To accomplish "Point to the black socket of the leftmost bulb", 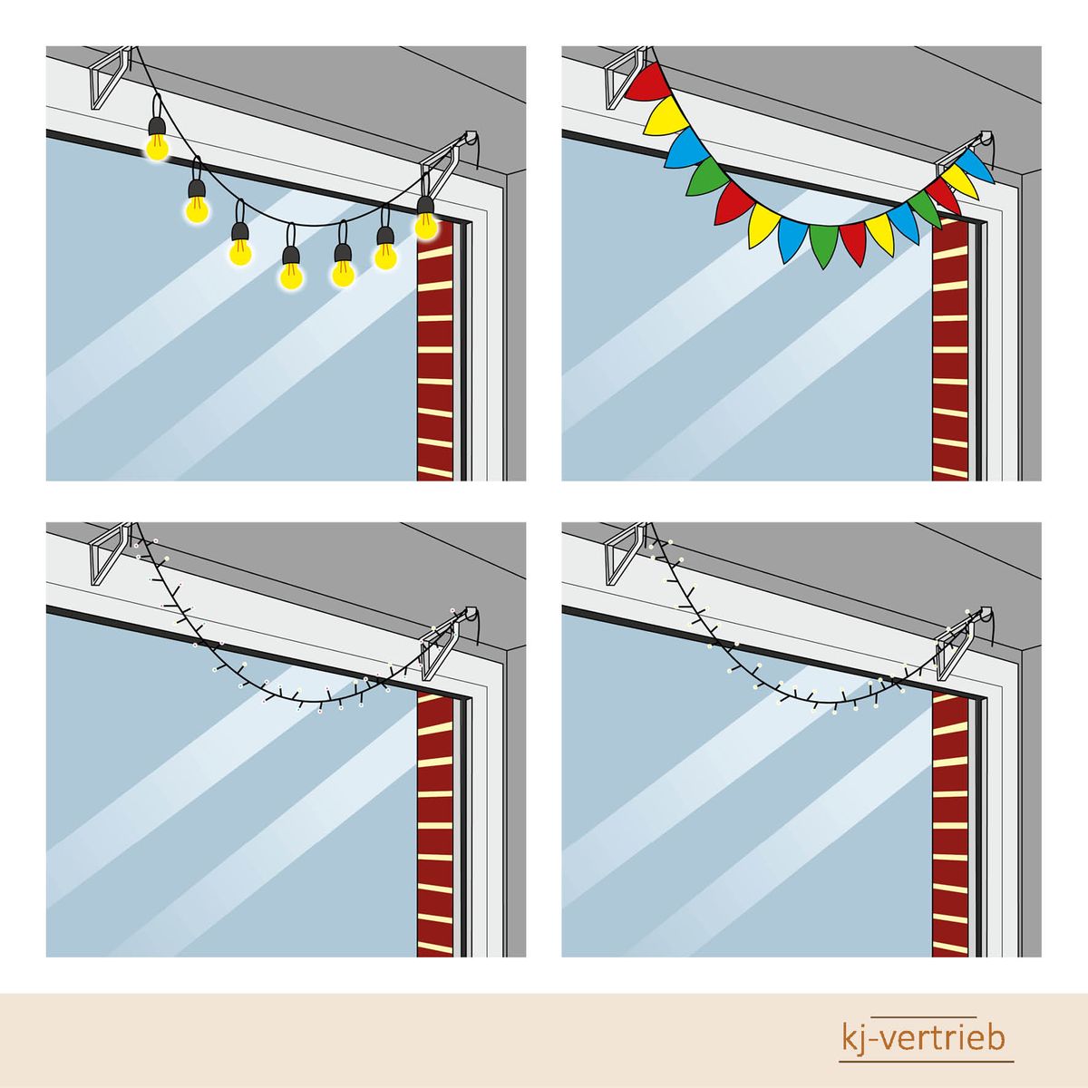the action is coord(157,127).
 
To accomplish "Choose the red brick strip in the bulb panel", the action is coord(435,350).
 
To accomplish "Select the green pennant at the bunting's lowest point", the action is coord(824,245).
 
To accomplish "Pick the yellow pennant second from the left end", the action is coord(668,114).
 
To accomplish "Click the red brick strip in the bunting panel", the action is coord(951,350).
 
